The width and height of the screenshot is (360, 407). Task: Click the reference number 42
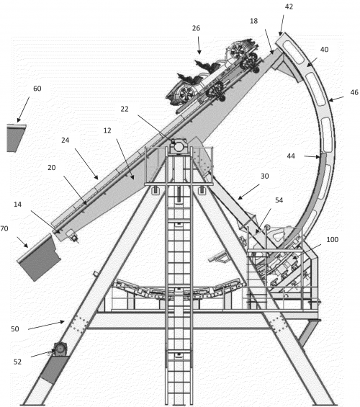289,6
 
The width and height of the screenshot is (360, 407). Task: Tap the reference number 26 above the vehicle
196,28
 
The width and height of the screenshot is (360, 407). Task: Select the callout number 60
37,89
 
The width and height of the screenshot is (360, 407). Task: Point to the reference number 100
332,239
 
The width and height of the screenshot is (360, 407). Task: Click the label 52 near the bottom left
17,362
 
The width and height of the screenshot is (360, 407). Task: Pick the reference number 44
291,156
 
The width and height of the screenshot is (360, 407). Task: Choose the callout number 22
125,109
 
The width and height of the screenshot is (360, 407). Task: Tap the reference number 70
4,228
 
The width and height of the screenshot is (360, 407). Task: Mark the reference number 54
279,200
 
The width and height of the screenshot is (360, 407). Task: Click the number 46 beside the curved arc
354,92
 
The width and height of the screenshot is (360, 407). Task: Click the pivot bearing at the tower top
178,146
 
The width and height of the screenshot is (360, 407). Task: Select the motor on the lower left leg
60,349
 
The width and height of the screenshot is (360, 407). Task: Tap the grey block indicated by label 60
16,138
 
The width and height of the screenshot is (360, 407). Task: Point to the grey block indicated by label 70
40,257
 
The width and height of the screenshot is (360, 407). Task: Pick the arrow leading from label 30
248,192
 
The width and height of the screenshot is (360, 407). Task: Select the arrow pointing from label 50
46,326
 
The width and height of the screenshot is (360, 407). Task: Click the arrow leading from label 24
86,164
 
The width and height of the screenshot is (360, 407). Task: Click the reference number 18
253,21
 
